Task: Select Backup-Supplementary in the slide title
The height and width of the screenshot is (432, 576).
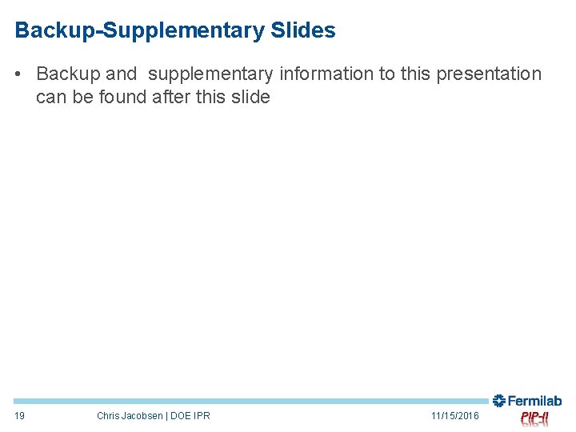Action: [139, 31]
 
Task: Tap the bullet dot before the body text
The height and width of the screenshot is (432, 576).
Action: [18, 74]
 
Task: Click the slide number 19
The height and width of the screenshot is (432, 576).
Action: [20, 416]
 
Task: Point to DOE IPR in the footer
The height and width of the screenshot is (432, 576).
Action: [190, 416]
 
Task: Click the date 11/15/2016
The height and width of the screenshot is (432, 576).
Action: [454, 416]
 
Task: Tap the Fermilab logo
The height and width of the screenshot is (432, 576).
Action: [527, 401]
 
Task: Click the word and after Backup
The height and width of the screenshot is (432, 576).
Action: [122, 74]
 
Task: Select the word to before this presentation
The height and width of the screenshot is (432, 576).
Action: [388, 74]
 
